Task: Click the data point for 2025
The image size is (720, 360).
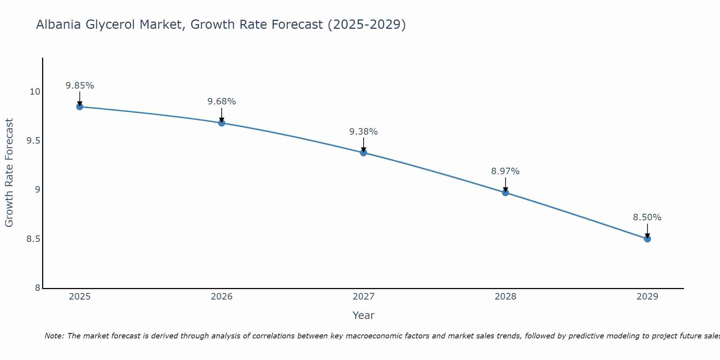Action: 80,107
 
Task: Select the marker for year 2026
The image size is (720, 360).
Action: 222,123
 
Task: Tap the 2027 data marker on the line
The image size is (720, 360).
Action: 364,153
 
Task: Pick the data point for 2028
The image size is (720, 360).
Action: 505,193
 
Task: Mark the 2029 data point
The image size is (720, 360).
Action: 647,239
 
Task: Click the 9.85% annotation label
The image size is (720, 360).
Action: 80,86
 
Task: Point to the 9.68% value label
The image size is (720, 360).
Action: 222,102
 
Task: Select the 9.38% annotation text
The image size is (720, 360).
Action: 364,132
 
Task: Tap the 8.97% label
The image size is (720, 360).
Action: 505,171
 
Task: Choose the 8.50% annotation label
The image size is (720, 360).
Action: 647,217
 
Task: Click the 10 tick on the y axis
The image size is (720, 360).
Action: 35,92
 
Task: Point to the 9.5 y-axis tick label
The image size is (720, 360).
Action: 33,141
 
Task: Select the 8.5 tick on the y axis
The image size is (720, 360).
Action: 33,239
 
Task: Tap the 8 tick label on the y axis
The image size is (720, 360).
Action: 38,288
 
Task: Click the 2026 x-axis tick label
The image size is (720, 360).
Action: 222,297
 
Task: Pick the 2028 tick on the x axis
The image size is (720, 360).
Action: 505,297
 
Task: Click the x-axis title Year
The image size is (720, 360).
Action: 364,315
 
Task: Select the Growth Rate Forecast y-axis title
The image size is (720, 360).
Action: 9,173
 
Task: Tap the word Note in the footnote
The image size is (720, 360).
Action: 54,336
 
